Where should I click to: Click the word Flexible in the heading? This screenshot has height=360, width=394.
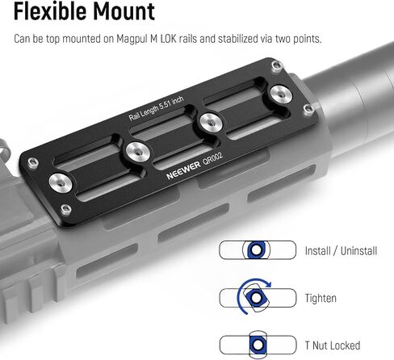point(50,11)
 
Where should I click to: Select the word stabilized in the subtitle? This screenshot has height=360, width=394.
point(238,39)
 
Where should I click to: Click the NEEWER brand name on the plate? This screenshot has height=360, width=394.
point(183,170)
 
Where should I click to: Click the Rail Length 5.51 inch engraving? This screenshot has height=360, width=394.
point(156,108)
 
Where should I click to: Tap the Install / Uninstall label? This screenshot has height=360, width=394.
point(341,251)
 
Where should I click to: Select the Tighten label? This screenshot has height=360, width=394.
point(321,298)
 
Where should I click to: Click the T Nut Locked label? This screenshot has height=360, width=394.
point(333,345)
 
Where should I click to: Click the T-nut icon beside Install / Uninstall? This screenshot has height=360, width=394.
point(256,250)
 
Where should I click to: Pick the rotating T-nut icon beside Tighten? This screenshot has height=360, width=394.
point(256,297)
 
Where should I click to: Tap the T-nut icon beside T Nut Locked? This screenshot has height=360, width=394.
point(258,345)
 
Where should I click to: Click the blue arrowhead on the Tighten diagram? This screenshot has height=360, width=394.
point(268,284)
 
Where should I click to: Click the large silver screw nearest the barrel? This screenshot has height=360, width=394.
point(281,94)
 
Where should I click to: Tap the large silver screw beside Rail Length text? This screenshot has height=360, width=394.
point(211,123)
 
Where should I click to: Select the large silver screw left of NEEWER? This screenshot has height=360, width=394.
point(138,152)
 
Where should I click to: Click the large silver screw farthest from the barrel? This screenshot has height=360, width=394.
point(61,183)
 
